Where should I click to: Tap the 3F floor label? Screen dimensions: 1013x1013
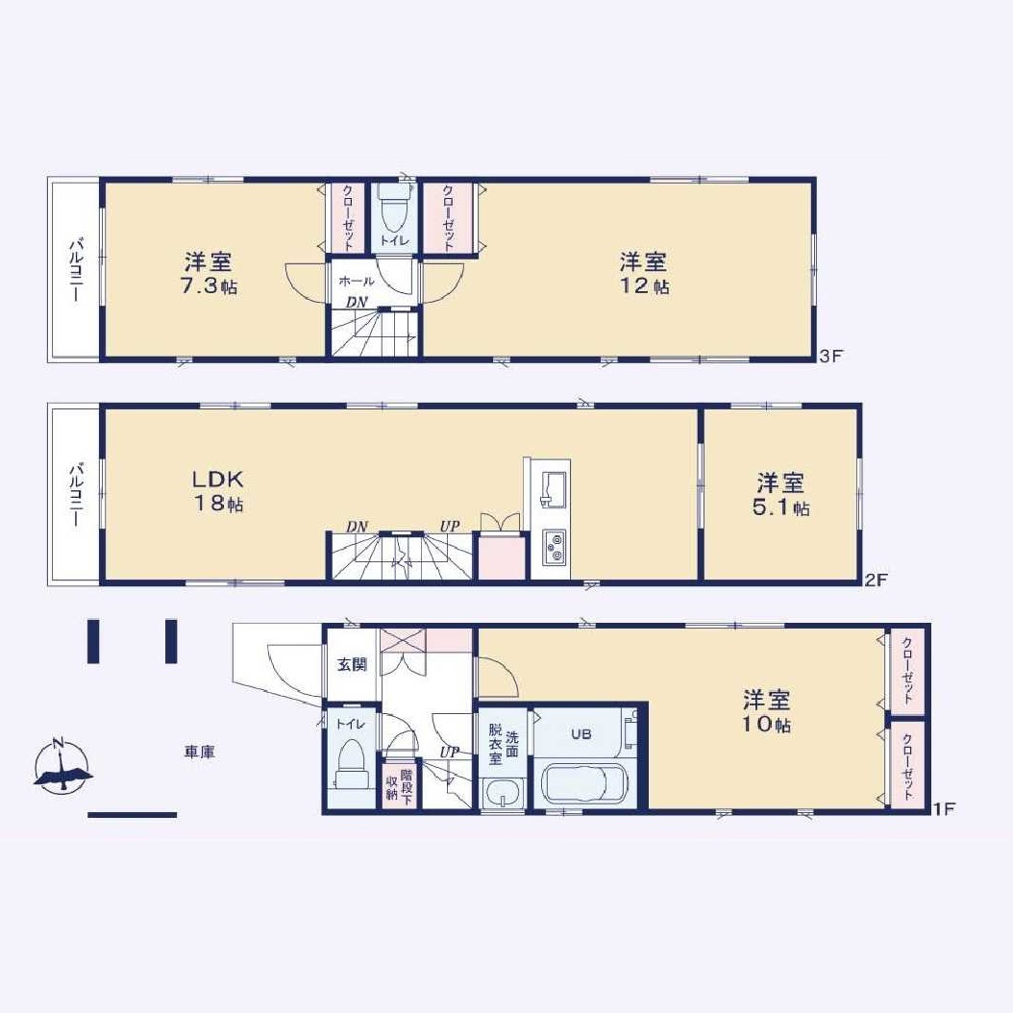pos(831,356)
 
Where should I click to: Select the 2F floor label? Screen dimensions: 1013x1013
pos(877,580)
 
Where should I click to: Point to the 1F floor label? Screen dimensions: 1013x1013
pos(944,808)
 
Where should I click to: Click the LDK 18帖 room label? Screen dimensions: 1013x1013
pos(218,491)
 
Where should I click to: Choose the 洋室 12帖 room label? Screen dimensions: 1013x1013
pos(644,274)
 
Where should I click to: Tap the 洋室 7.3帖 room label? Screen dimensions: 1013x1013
pos(208,274)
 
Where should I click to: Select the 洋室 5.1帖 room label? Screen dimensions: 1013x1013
pos(781,495)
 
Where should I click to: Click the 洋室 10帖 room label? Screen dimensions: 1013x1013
pos(767,712)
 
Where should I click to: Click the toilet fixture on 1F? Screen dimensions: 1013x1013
pos(351,763)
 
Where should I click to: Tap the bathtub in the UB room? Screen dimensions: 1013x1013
pos(582,782)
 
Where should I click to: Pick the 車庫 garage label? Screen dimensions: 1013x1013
pos(200,752)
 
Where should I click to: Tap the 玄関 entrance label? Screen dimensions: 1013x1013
pos(352,664)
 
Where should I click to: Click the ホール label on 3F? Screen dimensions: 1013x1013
pos(356,282)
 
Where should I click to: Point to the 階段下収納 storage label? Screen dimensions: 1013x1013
pos(399,785)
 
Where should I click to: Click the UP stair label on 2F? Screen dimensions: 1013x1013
pos(450,526)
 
